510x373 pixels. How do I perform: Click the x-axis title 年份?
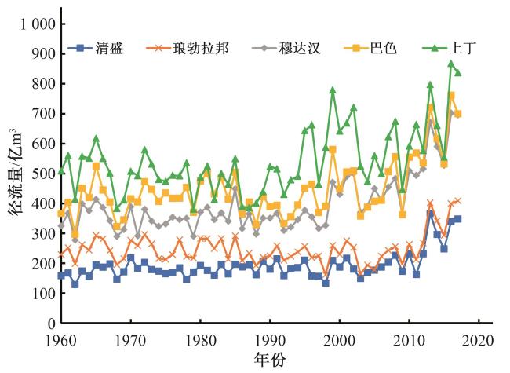(269, 359)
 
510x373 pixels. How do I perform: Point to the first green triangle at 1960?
(61, 170)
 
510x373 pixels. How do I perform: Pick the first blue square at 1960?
(61, 276)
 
